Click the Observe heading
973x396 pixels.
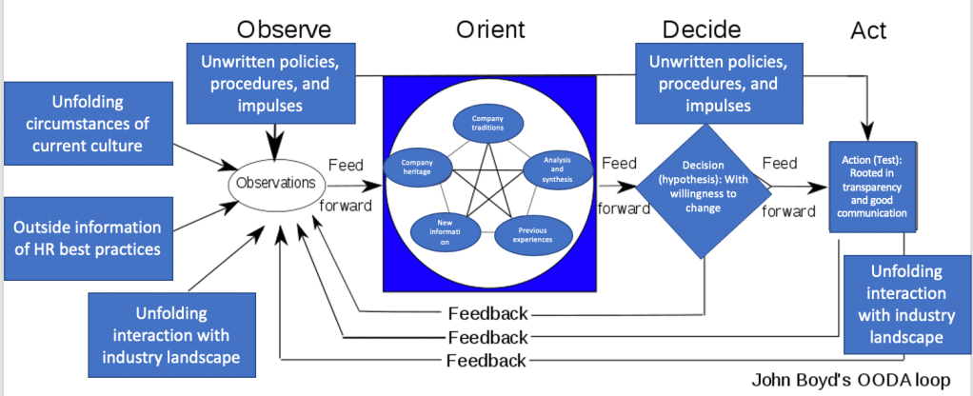284,30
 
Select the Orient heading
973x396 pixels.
489,30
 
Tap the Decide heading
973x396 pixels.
703,30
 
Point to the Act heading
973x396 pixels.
867,31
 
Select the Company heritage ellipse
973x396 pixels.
416,167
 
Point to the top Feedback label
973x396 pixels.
487,313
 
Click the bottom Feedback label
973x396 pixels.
487,360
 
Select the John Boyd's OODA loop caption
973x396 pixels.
852,380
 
